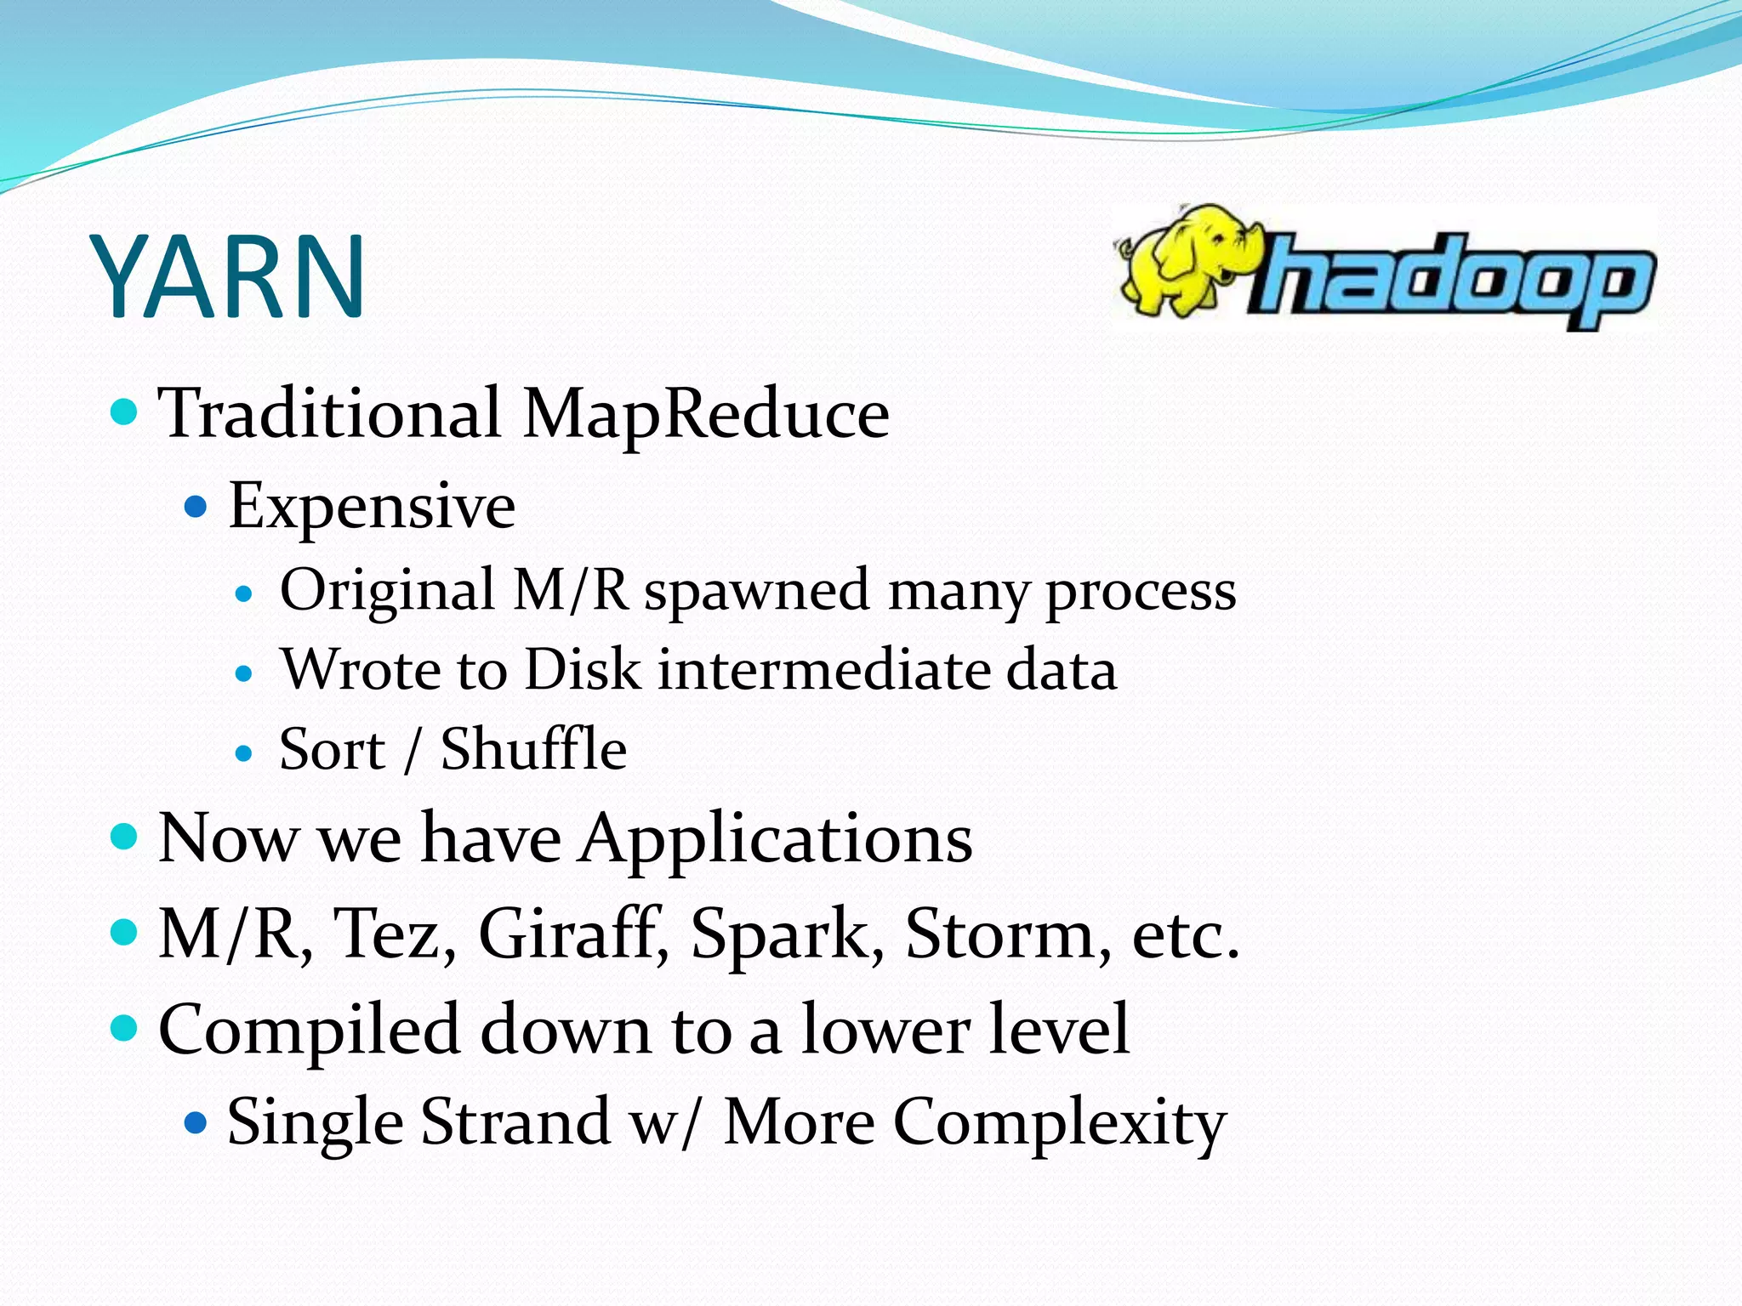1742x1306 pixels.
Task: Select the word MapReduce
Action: (705, 414)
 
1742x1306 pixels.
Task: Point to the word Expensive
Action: (372, 507)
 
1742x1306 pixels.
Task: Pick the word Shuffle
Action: (533, 750)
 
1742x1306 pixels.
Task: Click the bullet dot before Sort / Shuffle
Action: (244, 753)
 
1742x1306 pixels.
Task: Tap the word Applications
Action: (776, 839)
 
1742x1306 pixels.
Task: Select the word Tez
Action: (395, 934)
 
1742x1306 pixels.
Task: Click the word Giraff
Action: (572, 934)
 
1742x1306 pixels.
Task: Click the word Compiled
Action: (310, 1031)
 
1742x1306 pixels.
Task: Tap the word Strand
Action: (515, 1122)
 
